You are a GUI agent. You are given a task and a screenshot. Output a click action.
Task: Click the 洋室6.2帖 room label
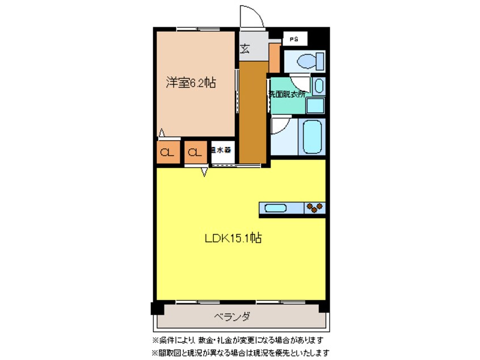pos(190,83)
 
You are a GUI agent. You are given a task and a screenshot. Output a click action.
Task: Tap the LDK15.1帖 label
pos(233,239)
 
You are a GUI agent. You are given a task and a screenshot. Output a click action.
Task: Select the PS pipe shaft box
pos(294,39)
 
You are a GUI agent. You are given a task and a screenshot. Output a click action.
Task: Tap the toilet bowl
pos(306,60)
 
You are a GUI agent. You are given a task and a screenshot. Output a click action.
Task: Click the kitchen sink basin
pos(275,208)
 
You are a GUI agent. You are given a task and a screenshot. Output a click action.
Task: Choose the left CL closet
pos(167,152)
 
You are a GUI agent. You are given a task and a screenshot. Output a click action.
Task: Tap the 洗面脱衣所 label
pos(287,93)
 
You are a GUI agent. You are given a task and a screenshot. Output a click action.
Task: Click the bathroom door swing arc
pos(280,125)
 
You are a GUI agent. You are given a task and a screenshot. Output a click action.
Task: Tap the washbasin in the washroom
pos(318,86)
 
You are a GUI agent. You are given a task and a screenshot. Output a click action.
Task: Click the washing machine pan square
pos(315,105)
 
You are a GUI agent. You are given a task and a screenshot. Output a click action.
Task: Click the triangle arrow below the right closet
pos(203,174)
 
